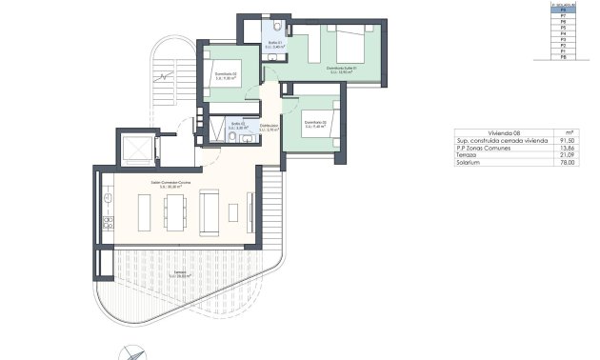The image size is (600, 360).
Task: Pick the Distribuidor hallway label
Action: [269, 128]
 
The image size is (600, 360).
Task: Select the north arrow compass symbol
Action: [133, 350]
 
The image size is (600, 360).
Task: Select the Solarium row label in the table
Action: [469, 164]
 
